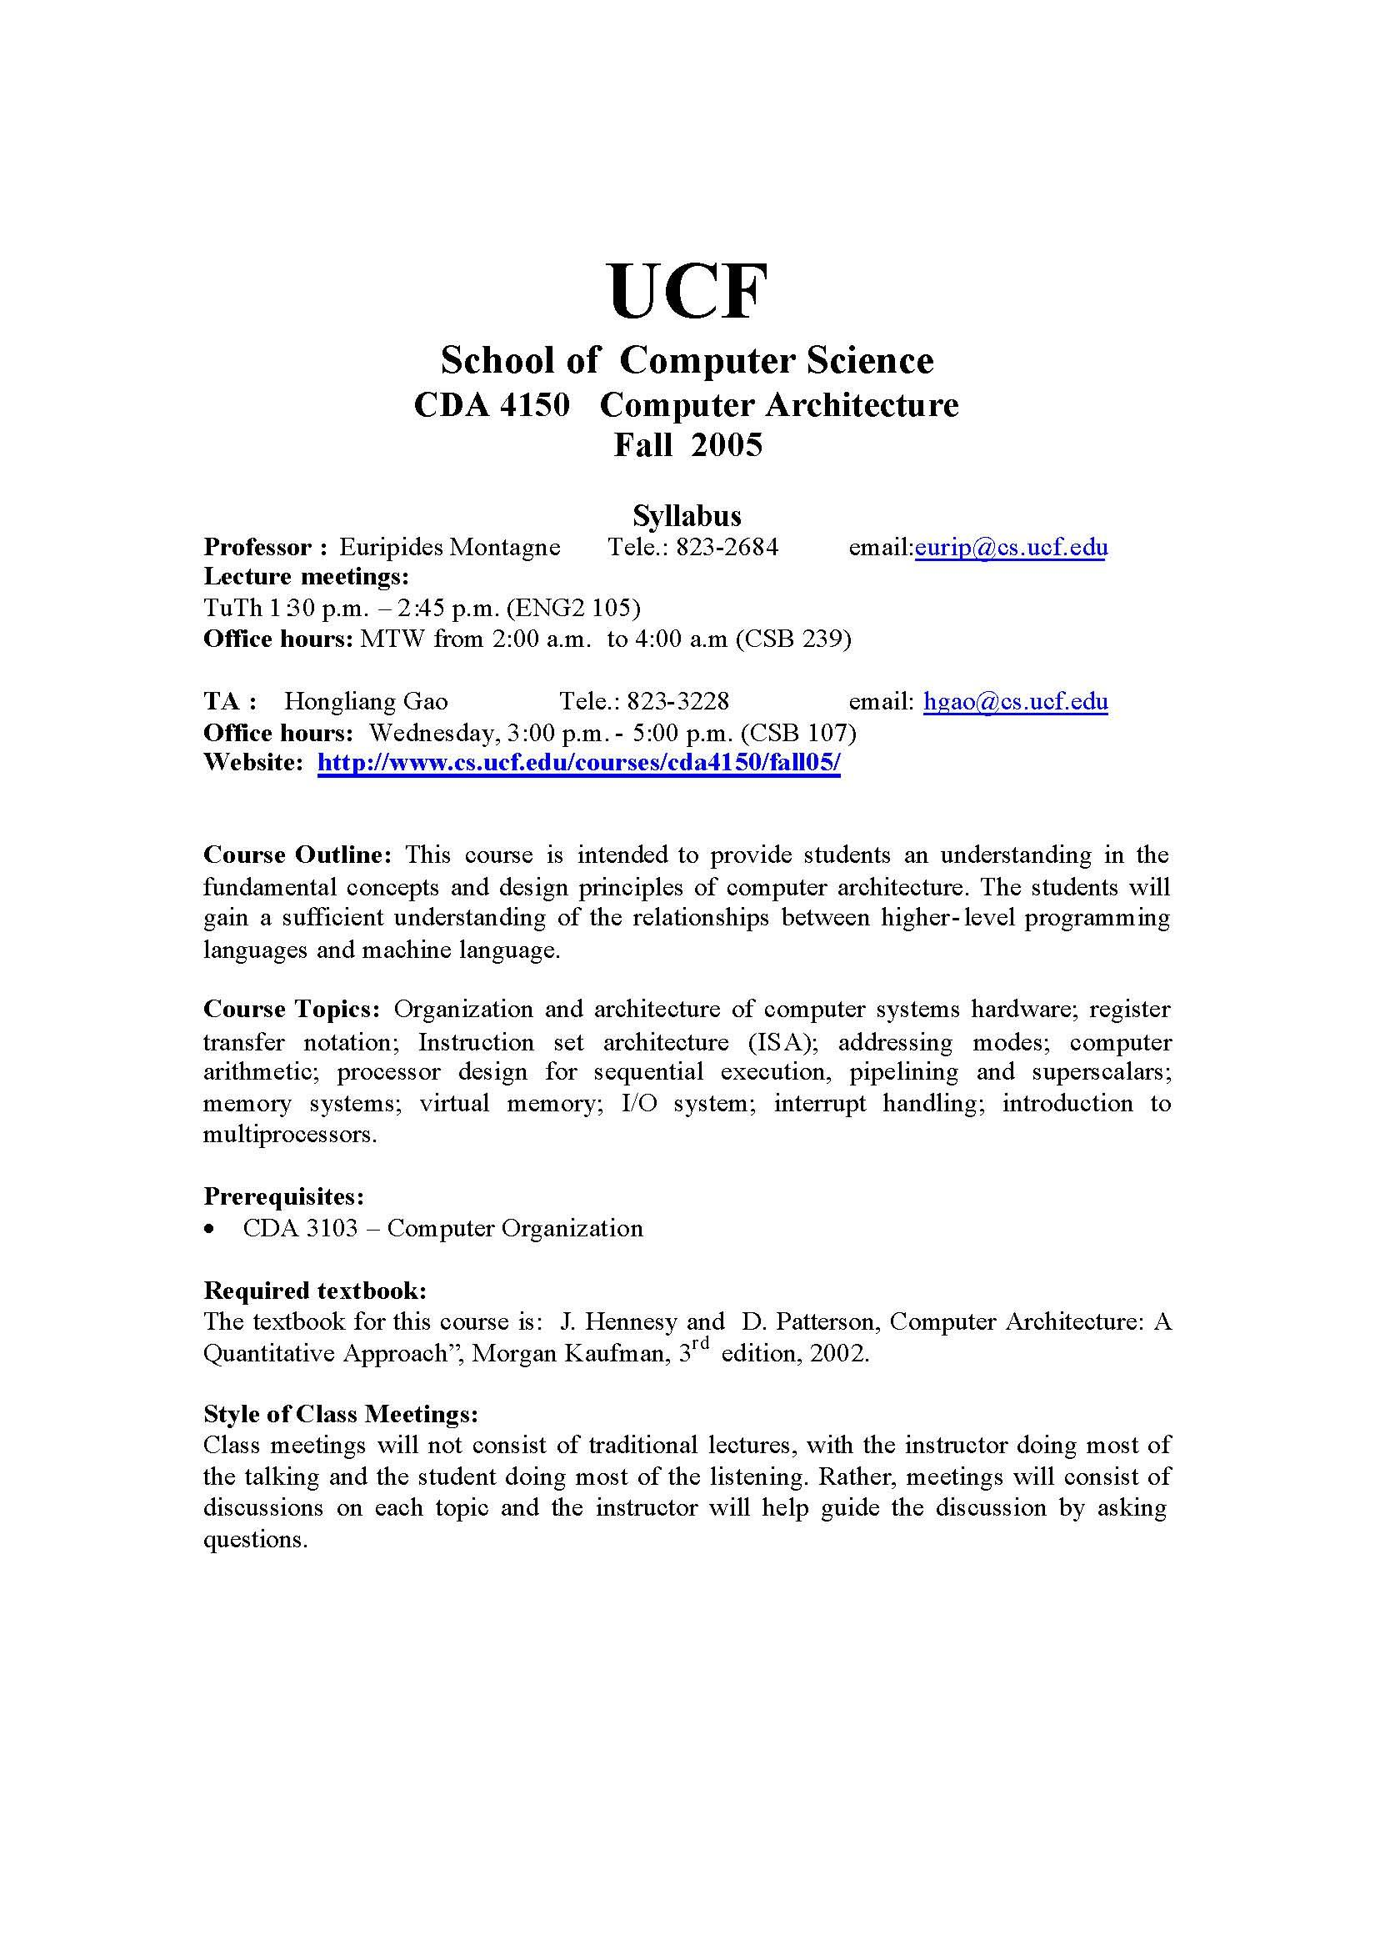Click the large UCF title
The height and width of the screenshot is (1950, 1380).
(688, 292)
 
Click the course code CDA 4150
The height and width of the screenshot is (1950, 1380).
(491, 404)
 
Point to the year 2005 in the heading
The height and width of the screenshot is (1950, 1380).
(726, 444)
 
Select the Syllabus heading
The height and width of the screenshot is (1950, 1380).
(687, 515)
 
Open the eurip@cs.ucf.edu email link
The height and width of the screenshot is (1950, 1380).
(1010, 547)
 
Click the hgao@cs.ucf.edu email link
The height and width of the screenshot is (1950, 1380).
(1016, 701)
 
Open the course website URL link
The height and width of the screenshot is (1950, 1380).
(578, 763)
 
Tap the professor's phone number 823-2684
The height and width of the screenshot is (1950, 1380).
(727, 547)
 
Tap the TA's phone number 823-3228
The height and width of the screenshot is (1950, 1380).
(678, 701)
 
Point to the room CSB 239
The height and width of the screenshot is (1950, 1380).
(793, 639)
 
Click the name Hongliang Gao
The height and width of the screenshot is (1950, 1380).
(365, 701)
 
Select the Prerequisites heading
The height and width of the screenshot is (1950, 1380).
(284, 1197)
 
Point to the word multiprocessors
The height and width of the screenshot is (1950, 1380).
(289, 1135)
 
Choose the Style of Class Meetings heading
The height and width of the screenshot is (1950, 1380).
(341, 1414)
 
